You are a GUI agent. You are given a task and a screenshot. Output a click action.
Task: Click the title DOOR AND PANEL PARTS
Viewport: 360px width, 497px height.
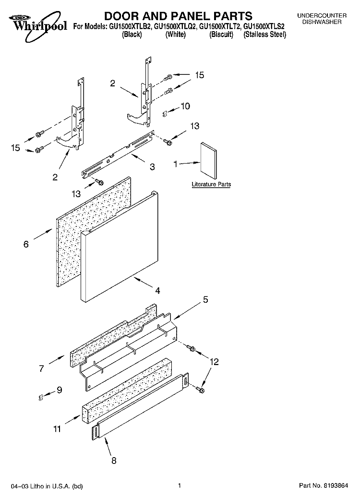click(x=171, y=17)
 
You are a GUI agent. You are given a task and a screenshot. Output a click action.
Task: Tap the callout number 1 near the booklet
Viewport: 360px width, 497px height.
click(x=176, y=164)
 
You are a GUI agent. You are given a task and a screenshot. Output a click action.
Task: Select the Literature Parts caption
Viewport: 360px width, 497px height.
click(x=211, y=184)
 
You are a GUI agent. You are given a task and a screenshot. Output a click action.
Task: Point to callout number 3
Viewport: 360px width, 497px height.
click(x=152, y=167)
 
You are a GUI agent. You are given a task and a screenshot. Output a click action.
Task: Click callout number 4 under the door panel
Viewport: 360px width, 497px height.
click(x=157, y=290)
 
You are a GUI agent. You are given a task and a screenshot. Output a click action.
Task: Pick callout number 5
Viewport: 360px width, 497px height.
click(x=205, y=300)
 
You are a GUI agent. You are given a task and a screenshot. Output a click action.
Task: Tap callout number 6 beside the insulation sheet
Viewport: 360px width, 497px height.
click(x=26, y=244)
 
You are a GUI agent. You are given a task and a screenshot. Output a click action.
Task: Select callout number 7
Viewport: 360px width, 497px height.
click(x=42, y=368)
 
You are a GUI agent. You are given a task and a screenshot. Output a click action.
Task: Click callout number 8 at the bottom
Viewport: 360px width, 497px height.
click(x=114, y=461)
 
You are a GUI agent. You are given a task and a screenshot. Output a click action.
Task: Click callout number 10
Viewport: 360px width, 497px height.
click(x=185, y=106)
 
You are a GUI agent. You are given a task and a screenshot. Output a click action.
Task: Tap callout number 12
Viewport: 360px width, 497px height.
click(x=214, y=362)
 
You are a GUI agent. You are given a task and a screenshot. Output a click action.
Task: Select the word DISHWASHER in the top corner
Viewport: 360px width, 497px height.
click(x=325, y=22)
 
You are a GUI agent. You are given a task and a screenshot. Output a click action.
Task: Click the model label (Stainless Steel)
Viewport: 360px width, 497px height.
click(x=264, y=35)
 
